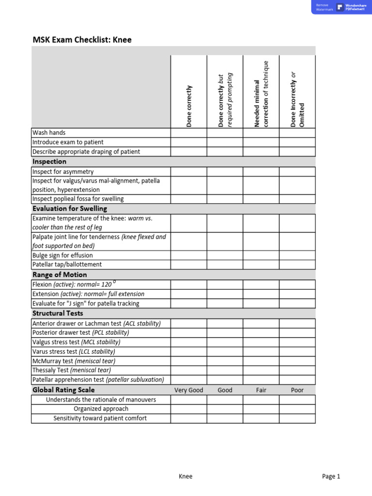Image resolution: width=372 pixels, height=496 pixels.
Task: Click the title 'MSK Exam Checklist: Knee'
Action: click(x=82, y=40)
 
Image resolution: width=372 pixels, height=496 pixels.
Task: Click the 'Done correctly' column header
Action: click(x=189, y=106)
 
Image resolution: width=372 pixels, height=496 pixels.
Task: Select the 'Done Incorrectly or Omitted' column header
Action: click(x=297, y=100)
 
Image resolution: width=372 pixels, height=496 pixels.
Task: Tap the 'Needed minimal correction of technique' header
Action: click(x=261, y=94)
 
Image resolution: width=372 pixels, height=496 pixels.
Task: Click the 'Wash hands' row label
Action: click(x=49, y=133)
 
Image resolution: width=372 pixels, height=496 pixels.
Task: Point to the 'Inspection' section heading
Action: click(x=49, y=162)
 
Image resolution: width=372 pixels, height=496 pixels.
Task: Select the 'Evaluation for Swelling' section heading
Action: click(x=70, y=209)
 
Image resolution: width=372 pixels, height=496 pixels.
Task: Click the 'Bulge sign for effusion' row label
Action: click(x=62, y=255)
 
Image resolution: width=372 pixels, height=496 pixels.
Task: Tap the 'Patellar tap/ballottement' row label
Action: click(x=67, y=264)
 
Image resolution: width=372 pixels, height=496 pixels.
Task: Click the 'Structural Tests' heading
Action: click(x=58, y=313)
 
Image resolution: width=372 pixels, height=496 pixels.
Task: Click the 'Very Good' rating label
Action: click(x=189, y=390)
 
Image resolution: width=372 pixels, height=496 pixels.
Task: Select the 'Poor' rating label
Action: click(x=297, y=390)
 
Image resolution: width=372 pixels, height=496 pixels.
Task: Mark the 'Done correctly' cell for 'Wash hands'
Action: click(x=189, y=133)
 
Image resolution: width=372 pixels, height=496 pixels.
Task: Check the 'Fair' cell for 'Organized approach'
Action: click(x=261, y=409)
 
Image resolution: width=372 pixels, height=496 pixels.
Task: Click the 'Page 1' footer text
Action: click(x=331, y=476)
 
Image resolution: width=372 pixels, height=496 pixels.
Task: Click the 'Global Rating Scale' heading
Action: click(x=63, y=390)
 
